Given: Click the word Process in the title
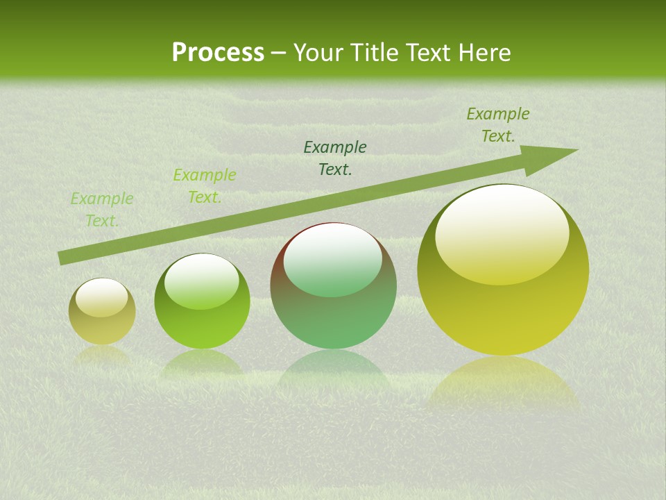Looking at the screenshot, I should (x=218, y=53).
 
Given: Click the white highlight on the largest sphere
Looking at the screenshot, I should (x=502, y=234).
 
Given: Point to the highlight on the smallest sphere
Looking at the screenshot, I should (x=101, y=297).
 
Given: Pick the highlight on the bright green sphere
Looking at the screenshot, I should (x=202, y=281).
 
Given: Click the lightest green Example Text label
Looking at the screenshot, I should (x=102, y=210).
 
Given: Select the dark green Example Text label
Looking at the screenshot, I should (x=335, y=158).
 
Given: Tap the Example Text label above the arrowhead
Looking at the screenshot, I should (x=498, y=125).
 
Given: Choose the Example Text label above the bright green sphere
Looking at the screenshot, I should (x=205, y=186).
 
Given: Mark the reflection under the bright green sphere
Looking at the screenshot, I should (x=202, y=365).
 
